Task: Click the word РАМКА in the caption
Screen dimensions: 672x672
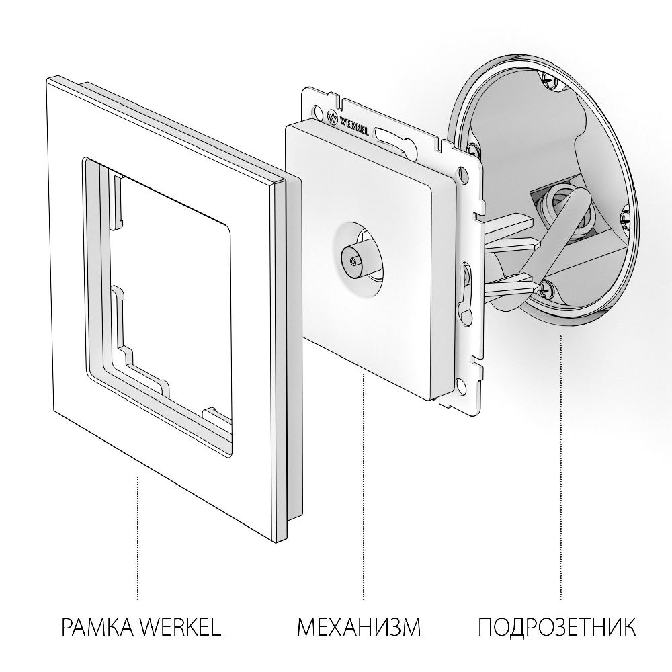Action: [x=97, y=629]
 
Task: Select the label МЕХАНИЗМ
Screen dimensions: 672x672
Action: [x=359, y=629]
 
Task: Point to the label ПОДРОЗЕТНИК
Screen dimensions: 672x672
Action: [x=556, y=629]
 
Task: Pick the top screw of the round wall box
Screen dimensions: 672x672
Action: [x=550, y=79]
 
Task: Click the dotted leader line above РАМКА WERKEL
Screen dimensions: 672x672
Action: [x=138, y=538]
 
